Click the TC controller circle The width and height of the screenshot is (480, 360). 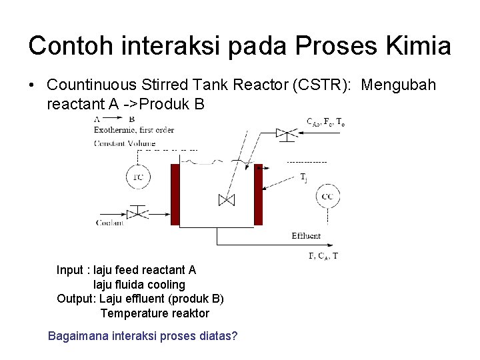point(138,177)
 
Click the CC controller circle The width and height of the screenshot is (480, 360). point(327,197)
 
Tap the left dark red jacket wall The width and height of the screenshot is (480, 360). point(175,195)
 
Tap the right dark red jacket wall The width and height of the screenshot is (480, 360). point(259,195)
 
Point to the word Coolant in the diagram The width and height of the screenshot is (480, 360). point(110,223)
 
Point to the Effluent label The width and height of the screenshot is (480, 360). point(306,236)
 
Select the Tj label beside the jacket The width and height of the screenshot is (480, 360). point(303,177)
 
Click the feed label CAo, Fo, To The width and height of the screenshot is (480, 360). point(325,122)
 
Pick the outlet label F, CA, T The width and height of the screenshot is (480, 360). point(323,255)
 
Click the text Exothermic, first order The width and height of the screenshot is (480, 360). point(134,130)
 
